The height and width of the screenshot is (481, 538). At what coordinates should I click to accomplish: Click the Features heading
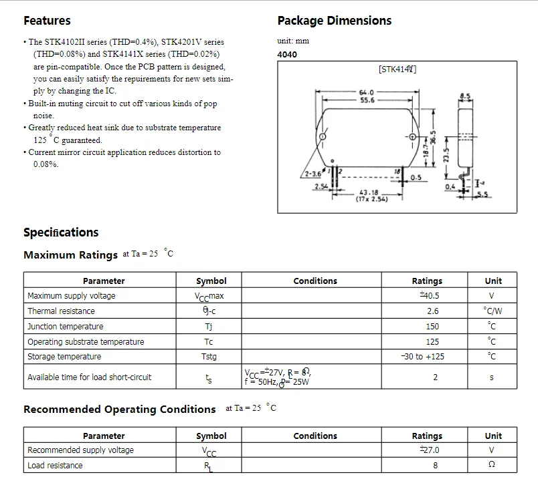(47, 21)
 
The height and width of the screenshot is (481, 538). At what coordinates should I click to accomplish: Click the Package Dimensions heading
(334, 21)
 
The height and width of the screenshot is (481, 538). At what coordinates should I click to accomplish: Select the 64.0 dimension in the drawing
(366, 92)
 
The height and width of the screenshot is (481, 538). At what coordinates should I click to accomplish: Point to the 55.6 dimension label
(367, 100)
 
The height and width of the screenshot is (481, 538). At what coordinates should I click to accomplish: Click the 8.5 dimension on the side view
(465, 97)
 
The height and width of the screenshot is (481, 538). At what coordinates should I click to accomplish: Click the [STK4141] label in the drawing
(397, 69)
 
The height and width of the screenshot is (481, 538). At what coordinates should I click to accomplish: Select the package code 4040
(287, 55)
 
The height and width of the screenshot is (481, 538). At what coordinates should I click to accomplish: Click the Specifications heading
(61, 232)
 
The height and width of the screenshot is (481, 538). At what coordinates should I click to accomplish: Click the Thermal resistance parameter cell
(61, 311)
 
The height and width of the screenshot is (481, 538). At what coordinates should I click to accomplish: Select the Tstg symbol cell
(209, 357)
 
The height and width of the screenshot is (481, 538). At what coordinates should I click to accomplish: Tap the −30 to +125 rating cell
(422, 357)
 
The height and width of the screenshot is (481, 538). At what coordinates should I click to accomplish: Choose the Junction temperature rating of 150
(432, 327)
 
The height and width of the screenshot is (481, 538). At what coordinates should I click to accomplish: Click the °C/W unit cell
(492, 311)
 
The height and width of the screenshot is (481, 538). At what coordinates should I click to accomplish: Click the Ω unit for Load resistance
(492, 466)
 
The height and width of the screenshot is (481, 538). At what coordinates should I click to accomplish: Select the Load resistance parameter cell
(55, 466)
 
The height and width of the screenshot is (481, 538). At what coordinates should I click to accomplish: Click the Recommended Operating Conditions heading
(120, 410)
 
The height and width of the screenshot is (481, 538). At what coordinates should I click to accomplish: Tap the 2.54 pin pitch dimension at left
(322, 187)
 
